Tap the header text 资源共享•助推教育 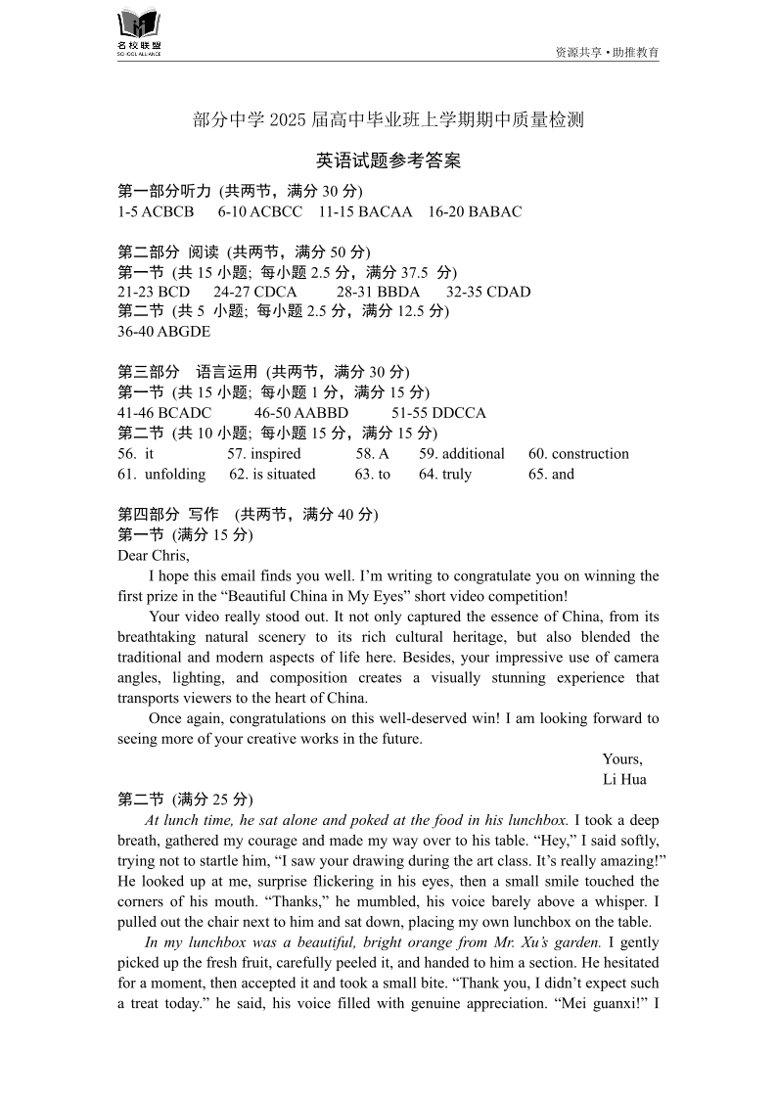coord(607,52)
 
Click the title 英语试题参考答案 coord(388,160)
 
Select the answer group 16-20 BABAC coord(475,211)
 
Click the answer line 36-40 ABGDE coord(163,332)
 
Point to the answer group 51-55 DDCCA coord(438,413)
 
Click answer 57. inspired coord(264,453)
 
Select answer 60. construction coord(578,453)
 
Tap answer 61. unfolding coord(161,474)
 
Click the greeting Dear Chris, coord(154,556)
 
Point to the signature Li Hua coord(624,779)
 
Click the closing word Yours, coord(622,759)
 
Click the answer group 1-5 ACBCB coord(156,211)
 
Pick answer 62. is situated coord(272,474)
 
